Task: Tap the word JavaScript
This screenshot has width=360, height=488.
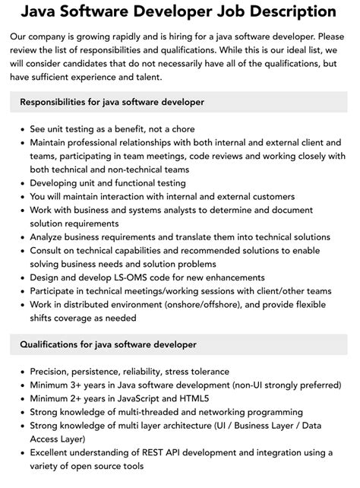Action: point(155,399)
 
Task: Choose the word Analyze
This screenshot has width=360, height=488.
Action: point(50,237)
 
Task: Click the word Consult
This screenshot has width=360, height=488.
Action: point(49,251)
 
